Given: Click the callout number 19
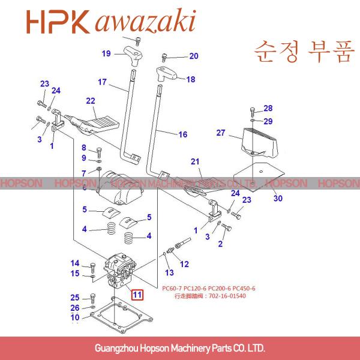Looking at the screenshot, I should click(x=106, y=54).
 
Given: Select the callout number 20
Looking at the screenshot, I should click(x=193, y=56).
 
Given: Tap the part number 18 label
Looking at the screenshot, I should click(x=191, y=79).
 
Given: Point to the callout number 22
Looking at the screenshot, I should click(x=91, y=101).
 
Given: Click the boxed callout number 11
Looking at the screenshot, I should click(x=138, y=295).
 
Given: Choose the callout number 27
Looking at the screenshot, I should click(x=220, y=133).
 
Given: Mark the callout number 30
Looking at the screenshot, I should click(x=277, y=199).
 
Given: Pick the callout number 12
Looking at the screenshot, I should click(x=184, y=263).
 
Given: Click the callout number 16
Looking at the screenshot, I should click(x=183, y=134).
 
